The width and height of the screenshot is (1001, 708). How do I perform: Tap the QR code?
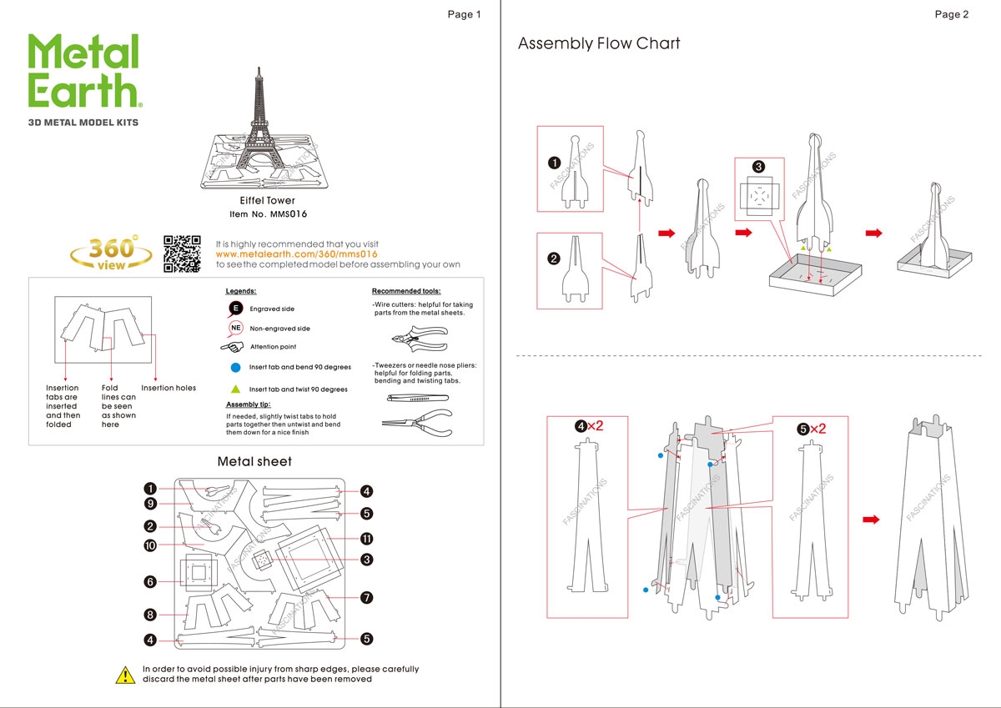[x=182, y=254]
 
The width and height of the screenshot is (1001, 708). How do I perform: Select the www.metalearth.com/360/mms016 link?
[x=296, y=254]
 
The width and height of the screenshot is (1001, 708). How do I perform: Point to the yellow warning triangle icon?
[x=125, y=675]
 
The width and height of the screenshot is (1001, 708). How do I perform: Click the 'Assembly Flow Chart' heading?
[x=599, y=43]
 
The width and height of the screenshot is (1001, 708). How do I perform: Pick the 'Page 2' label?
[x=951, y=14]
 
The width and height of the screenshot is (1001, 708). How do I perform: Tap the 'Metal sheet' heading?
[x=254, y=461]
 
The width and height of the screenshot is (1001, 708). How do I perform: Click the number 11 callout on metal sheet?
[x=366, y=538]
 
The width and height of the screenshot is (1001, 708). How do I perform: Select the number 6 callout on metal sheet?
[x=150, y=581]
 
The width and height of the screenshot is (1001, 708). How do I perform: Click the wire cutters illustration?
[x=417, y=339]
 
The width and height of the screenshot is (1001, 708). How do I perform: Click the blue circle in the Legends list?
[x=236, y=367]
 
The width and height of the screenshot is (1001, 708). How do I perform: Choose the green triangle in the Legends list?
[x=236, y=389]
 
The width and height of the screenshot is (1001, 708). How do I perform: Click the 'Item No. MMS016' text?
[x=268, y=214]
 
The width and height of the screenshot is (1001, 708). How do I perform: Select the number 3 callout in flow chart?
[x=758, y=167]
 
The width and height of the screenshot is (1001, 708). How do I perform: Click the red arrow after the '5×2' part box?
[x=870, y=520]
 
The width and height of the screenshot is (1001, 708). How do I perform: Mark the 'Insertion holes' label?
[x=169, y=388]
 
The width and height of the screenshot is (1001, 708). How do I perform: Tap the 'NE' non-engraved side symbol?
[x=235, y=328]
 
